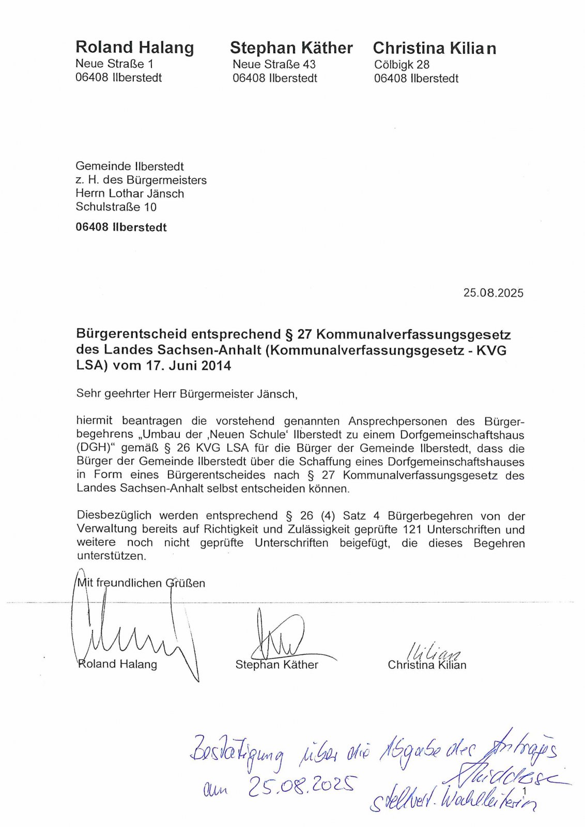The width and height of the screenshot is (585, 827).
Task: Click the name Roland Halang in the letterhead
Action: (x=134, y=48)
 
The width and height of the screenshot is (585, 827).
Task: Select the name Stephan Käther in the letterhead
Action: (x=291, y=48)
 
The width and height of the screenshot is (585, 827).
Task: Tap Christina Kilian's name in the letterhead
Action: (x=434, y=49)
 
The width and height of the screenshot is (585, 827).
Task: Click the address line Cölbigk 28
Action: (x=402, y=65)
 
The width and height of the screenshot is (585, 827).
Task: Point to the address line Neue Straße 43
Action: (x=274, y=65)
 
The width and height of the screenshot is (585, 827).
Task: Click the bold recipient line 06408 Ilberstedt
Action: (x=121, y=227)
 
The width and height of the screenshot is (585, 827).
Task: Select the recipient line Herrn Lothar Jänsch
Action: (x=130, y=193)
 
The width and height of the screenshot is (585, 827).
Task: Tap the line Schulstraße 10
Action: (x=116, y=207)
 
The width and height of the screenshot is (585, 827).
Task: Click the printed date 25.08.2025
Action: (x=493, y=293)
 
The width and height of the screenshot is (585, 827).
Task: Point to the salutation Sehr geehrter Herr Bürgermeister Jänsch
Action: (x=187, y=394)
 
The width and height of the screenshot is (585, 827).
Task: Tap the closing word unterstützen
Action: (x=111, y=556)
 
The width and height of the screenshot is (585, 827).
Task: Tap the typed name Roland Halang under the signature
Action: (x=117, y=664)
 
